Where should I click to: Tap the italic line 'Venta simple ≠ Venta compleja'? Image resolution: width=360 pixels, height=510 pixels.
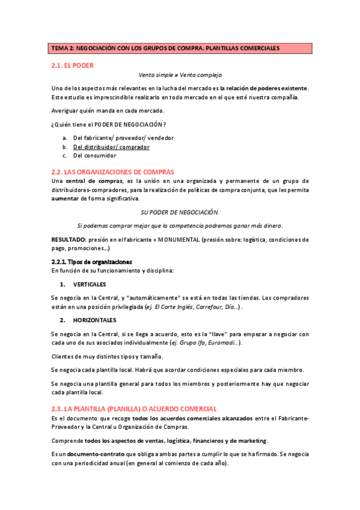point(180,75)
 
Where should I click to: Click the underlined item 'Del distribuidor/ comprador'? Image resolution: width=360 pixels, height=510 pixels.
point(111,146)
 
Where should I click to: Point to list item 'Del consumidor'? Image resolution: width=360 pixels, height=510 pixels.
point(95,155)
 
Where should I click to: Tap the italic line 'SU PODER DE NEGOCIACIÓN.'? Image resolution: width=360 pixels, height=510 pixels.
point(180,212)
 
